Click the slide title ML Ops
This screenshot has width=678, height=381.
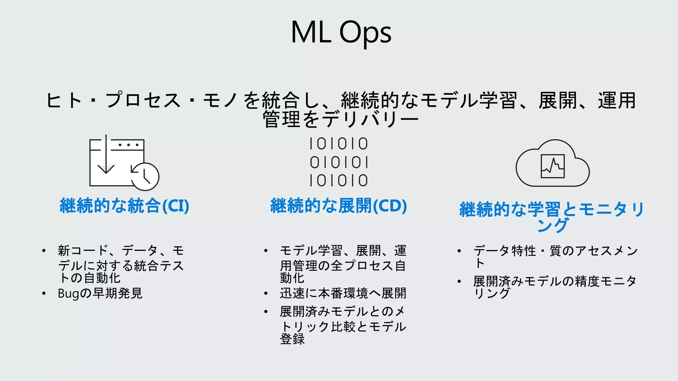(x=341, y=32)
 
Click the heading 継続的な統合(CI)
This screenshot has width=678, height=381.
(x=124, y=206)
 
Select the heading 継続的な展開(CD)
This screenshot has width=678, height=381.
(x=338, y=206)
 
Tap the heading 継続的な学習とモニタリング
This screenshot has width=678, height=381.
(x=552, y=216)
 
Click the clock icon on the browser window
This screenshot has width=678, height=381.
(x=145, y=177)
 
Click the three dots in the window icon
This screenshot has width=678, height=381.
(x=128, y=145)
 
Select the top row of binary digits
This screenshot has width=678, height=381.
(x=338, y=144)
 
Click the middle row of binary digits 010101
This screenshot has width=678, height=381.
(x=338, y=162)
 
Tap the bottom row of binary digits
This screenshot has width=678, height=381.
(x=338, y=181)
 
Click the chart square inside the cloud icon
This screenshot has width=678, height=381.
(x=553, y=166)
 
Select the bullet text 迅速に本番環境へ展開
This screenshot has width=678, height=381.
(x=343, y=293)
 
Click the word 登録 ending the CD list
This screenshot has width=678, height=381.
(x=292, y=339)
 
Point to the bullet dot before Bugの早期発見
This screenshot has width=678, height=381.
(x=44, y=293)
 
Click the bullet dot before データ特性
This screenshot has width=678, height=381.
(x=459, y=251)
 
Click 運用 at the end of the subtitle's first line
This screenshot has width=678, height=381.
(x=616, y=101)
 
